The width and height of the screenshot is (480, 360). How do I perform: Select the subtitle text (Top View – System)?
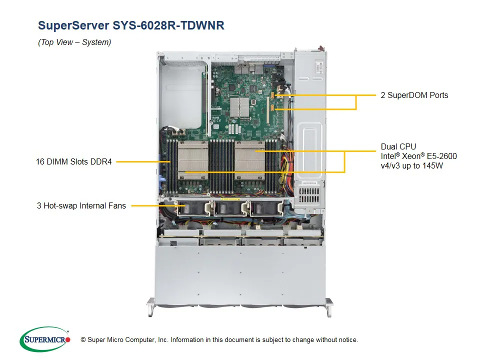[74, 42]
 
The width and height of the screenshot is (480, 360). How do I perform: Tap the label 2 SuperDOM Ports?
[414, 95]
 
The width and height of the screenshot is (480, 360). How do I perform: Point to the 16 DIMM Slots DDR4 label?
[73, 161]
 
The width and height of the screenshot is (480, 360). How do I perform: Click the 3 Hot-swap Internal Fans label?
[81, 205]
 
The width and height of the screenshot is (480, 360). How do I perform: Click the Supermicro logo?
[45, 339]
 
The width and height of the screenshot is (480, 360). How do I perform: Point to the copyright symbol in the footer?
[83, 340]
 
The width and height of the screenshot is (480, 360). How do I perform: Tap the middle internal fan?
[227, 209]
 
